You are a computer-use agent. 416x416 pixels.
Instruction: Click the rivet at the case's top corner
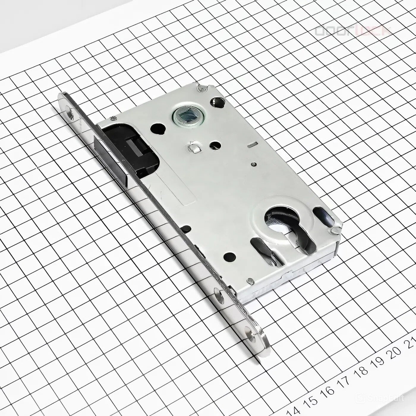tap(203, 88)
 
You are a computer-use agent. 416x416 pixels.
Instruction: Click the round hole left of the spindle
tap(157, 129)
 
